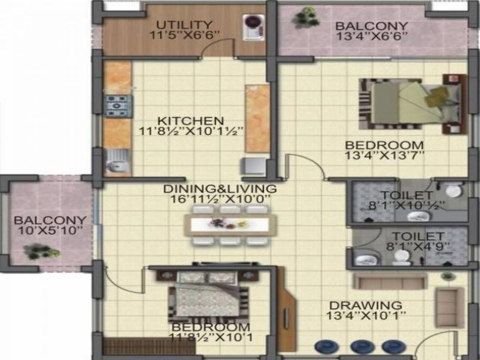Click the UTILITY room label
184,24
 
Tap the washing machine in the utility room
254,27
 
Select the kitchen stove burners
118,106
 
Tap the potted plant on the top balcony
306,17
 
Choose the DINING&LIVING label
220,188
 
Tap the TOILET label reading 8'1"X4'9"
417,236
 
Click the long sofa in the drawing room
390,282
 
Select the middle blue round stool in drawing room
362,346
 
